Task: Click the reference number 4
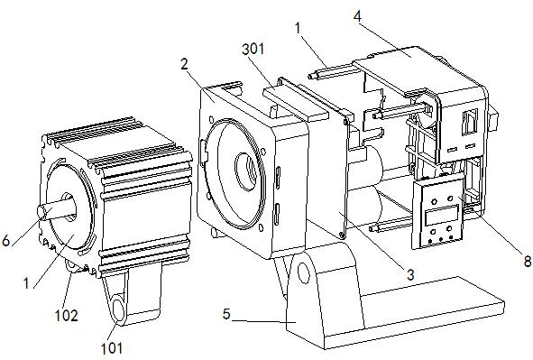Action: click(x=358, y=16)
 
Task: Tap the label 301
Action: click(x=253, y=50)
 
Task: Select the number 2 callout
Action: click(x=184, y=64)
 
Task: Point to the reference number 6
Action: click(x=6, y=241)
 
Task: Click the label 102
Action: click(x=67, y=316)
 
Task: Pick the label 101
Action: click(x=112, y=348)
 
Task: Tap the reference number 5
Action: click(x=226, y=314)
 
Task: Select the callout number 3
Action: click(x=410, y=274)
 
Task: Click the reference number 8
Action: click(x=528, y=261)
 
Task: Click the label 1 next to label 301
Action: click(x=298, y=28)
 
